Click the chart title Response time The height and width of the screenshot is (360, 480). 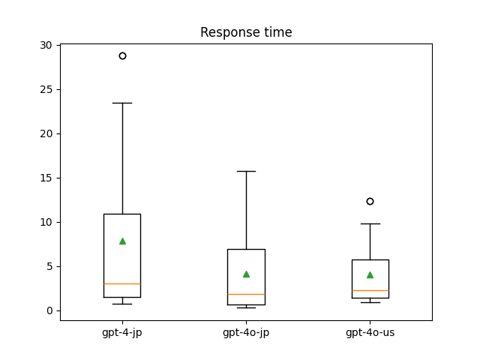(x=246, y=32)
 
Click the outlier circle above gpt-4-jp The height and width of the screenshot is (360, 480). (x=122, y=55)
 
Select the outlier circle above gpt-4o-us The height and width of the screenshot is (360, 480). (x=370, y=201)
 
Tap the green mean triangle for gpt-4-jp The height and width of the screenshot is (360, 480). (x=122, y=241)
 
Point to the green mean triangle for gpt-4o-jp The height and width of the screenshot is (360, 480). (x=246, y=274)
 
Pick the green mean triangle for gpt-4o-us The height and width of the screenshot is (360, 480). (x=370, y=274)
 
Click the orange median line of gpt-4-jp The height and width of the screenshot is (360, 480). (x=122, y=283)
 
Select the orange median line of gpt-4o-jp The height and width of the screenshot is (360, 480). (x=246, y=294)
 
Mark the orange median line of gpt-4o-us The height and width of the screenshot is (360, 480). (x=370, y=290)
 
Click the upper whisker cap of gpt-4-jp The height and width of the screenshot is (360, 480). (x=122, y=103)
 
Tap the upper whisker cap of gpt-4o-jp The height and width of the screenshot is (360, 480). (x=246, y=171)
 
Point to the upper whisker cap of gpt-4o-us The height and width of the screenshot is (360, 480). (x=370, y=223)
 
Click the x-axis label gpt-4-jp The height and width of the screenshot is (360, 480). (x=122, y=332)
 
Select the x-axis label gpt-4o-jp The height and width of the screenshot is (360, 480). (x=246, y=332)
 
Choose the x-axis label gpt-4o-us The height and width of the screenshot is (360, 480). (x=370, y=332)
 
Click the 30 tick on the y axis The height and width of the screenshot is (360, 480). (x=46, y=45)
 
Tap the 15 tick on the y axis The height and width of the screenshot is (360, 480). (x=46, y=178)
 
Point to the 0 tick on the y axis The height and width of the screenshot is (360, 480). (x=49, y=310)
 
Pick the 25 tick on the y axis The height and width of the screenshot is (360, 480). (x=46, y=89)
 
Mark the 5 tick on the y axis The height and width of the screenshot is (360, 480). (x=49, y=266)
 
